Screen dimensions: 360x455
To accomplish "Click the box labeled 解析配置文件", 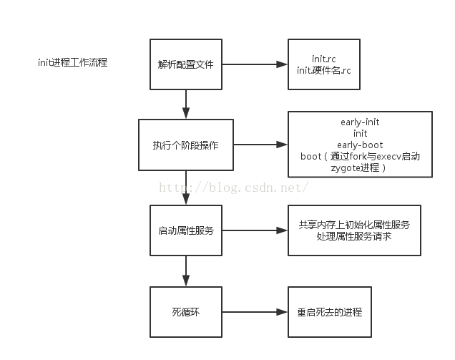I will pyautogui.click(x=185, y=64).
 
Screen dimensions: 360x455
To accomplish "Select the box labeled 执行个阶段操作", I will pyautogui.click(x=185, y=145).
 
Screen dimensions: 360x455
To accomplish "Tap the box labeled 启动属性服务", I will pyautogui.click(x=185, y=230).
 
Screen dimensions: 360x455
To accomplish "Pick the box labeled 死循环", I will pyautogui.click(x=185, y=312).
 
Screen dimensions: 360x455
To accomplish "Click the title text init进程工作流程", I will pyautogui.click(x=74, y=62).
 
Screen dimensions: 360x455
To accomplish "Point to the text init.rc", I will pyautogui.click(x=330, y=58).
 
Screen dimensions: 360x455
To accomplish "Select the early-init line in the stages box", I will pyautogui.click(x=360, y=122).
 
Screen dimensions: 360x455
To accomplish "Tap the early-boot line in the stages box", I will pyautogui.click(x=360, y=145).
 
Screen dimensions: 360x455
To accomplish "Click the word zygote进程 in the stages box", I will pyautogui.click(x=356, y=167).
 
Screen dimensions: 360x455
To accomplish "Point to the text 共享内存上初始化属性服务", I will pyautogui.click(x=354, y=225).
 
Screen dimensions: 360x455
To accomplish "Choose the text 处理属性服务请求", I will pyautogui.click(x=354, y=235).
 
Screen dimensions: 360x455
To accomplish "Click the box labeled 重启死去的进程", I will pyautogui.click(x=330, y=312).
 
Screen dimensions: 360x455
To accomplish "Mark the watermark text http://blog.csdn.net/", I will pyautogui.click(x=233, y=188).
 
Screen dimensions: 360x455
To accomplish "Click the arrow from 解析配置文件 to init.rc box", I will pyautogui.click(x=254, y=64).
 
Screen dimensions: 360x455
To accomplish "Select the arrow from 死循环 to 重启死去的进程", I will pyautogui.click(x=254, y=312).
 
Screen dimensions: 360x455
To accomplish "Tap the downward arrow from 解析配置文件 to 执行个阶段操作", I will pyautogui.click(x=186, y=104).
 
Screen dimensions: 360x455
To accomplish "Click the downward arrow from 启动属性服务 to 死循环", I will pyautogui.click(x=186, y=271).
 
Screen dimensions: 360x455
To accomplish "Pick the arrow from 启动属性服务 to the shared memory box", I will pyautogui.click(x=254, y=230).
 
